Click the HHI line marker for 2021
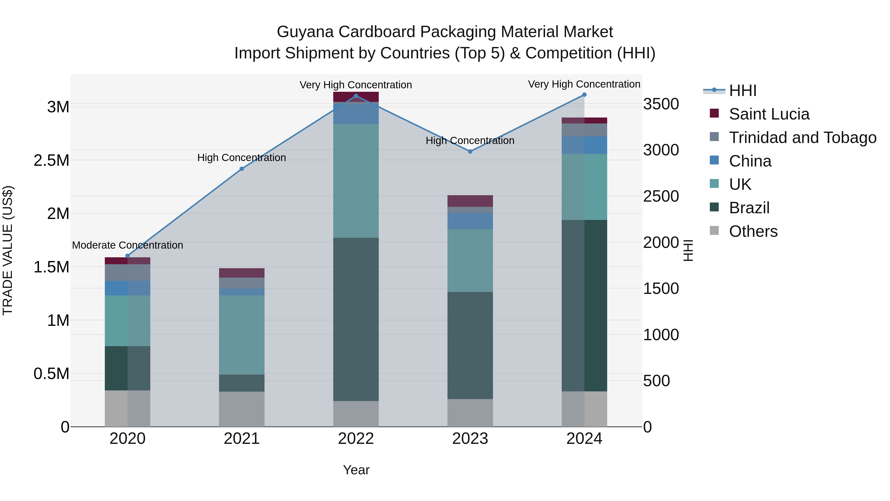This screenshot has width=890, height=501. (x=242, y=169)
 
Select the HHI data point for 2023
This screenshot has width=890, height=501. (x=470, y=151)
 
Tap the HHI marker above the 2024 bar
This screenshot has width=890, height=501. (x=584, y=95)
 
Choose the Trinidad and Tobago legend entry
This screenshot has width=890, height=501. (x=802, y=138)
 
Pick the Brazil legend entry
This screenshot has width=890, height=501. (x=749, y=208)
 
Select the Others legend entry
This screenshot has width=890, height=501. (x=753, y=231)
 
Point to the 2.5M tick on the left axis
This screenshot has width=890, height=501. (x=51, y=160)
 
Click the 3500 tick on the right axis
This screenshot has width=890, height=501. (x=661, y=104)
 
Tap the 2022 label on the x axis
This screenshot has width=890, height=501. (x=356, y=439)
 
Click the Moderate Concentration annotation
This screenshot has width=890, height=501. (x=128, y=245)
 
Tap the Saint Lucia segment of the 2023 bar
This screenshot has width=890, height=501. (x=470, y=201)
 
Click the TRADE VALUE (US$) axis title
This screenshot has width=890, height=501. (x=8, y=250)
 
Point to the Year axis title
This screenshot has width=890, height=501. (x=356, y=470)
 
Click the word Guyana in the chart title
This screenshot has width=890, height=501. (x=305, y=32)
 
